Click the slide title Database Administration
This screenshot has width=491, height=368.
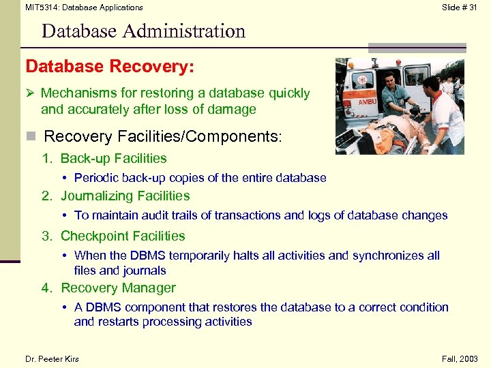[143, 31]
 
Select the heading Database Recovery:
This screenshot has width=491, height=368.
[110, 67]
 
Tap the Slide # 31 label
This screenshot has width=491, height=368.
[460, 7]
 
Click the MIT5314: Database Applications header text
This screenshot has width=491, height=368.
[84, 7]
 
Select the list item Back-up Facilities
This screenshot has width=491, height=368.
[113, 159]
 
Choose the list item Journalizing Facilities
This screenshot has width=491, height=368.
[125, 196]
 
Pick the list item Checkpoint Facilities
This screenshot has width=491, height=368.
[123, 236]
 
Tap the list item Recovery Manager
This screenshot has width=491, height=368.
[118, 288]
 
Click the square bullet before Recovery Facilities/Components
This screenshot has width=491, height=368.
[30, 137]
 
